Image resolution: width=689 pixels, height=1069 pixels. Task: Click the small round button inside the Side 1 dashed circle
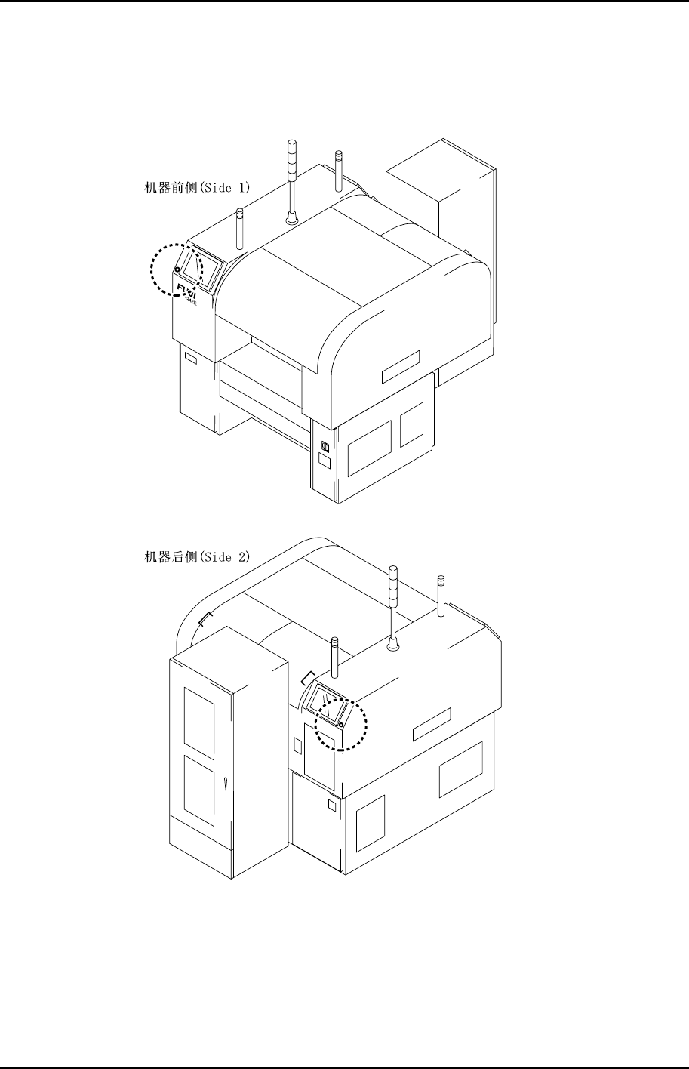tap(176, 270)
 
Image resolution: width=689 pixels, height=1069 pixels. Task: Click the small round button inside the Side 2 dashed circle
tap(341, 726)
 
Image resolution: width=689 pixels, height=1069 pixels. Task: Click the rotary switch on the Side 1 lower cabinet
tap(325, 446)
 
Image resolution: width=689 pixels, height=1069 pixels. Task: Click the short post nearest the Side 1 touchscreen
tap(239, 229)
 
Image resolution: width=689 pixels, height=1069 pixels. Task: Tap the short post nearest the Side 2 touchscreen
tap(334, 658)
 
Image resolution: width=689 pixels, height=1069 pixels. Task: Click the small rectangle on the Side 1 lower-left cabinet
tap(190, 359)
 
